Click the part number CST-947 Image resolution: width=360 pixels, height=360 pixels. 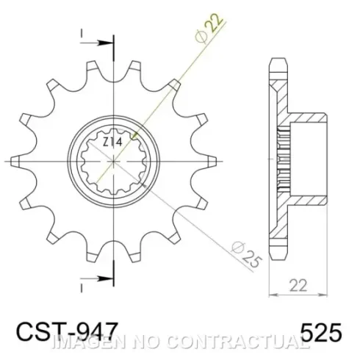pyautogui.click(x=67, y=331)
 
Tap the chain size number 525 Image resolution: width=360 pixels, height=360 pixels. pyautogui.click(x=320, y=332)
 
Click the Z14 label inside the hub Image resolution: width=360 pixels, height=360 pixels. pyautogui.click(x=112, y=143)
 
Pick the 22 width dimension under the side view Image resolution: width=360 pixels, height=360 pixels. pyautogui.click(x=298, y=286)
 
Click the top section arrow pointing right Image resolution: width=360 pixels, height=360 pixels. pyautogui.click(x=97, y=43)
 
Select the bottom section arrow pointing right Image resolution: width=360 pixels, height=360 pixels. pyautogui.click(x=97, y=278)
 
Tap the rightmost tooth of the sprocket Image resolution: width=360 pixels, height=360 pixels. pyautogui.click(x=212, y=161)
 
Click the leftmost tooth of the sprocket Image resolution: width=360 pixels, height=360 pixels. pyautogui.click(x=15, y=162)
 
